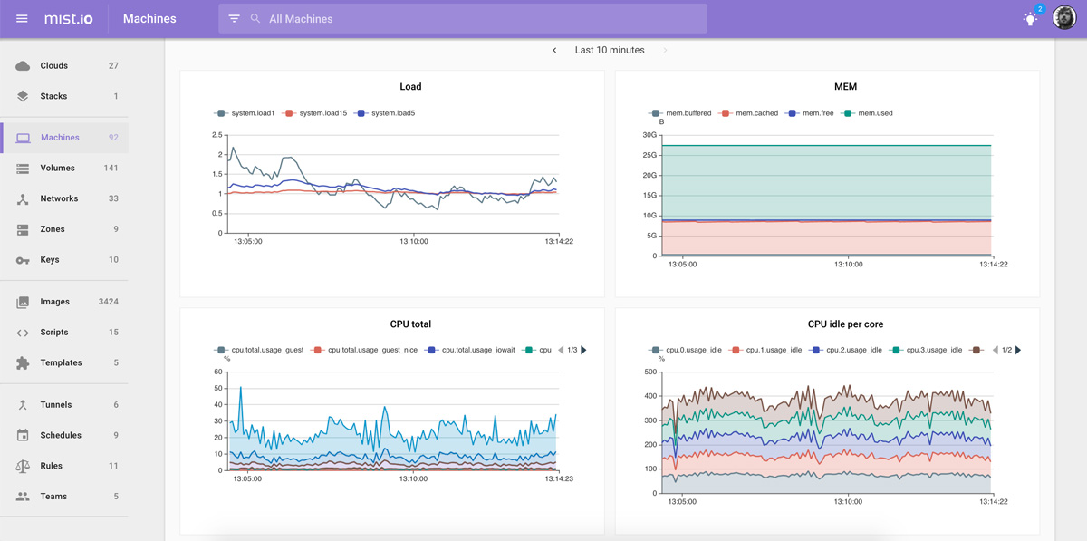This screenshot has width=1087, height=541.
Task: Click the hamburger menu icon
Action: click(x=22, y=18)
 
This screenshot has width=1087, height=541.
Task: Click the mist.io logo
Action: click(x=69, y=18)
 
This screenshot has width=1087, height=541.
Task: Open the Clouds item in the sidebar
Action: click(x=54, y=66)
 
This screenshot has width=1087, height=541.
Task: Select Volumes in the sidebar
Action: click(x=57, y=169)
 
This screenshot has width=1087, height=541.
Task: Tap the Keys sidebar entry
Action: click(x=50, y=260)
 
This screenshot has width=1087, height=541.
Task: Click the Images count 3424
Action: click(x=108, y=302)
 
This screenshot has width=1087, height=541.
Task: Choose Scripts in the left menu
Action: click(x=54, y=333)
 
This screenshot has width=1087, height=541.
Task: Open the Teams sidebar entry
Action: click(x=53, y=497)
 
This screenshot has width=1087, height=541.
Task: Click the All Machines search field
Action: click(x=471, y=19)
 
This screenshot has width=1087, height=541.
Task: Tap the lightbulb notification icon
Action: click(x=1030, y=19)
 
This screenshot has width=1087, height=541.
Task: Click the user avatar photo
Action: click(x=1064, y=18)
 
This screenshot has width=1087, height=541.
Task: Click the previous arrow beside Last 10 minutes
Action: click(x=554, y=51)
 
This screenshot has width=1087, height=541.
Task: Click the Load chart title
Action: click(x=410, y=87)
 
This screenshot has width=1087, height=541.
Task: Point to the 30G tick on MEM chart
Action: click(x=649, y=135)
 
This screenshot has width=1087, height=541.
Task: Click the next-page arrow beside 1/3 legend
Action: click(x=583, y=350)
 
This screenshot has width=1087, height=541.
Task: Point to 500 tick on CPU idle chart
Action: click(x=649, y=372)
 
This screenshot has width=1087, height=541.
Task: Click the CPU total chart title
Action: click(x=410, y=324)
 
